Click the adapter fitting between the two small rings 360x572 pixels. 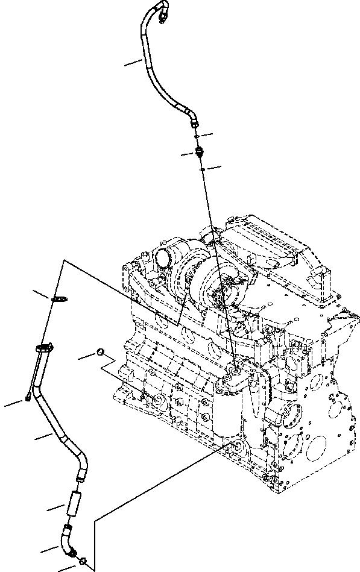(199, 152)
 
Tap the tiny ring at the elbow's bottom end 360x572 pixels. (82, 561)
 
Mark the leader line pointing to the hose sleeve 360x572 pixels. (55, 508)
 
